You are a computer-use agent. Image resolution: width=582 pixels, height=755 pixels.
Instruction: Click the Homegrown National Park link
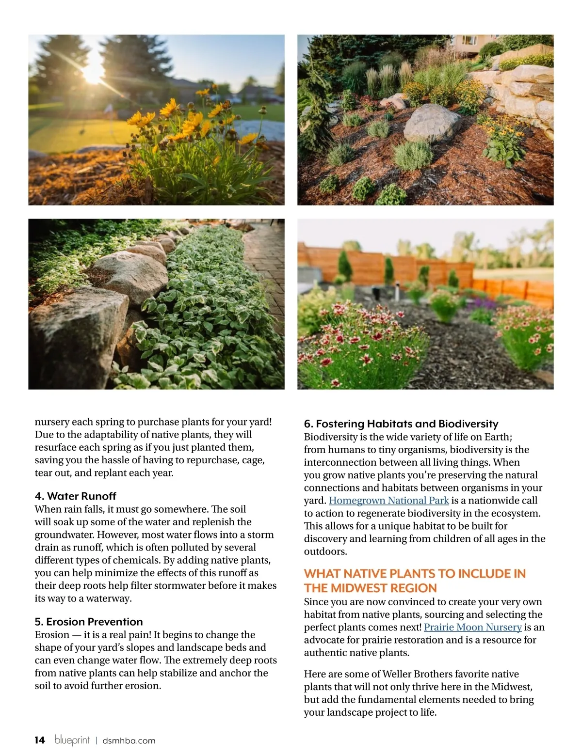pos(388,501)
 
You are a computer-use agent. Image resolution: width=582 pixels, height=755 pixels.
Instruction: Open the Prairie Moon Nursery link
pos(472,627)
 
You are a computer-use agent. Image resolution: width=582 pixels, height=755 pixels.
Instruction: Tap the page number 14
pos(40,740)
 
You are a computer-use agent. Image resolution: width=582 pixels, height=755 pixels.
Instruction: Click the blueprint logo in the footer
pos(72,740)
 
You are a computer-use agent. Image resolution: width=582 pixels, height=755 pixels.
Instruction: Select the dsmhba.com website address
pos(129,740)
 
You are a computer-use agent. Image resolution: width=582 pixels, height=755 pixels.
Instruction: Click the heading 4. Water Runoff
pos(75,496)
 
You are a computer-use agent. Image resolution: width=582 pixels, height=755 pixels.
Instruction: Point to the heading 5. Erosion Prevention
pos(89,622)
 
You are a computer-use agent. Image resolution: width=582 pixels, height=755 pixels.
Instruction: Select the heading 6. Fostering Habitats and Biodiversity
pos(401,424)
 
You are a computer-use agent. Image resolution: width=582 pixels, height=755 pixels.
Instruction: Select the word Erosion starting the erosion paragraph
pos(52,635)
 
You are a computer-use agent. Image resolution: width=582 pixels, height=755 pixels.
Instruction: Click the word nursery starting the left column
pos(52,422)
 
